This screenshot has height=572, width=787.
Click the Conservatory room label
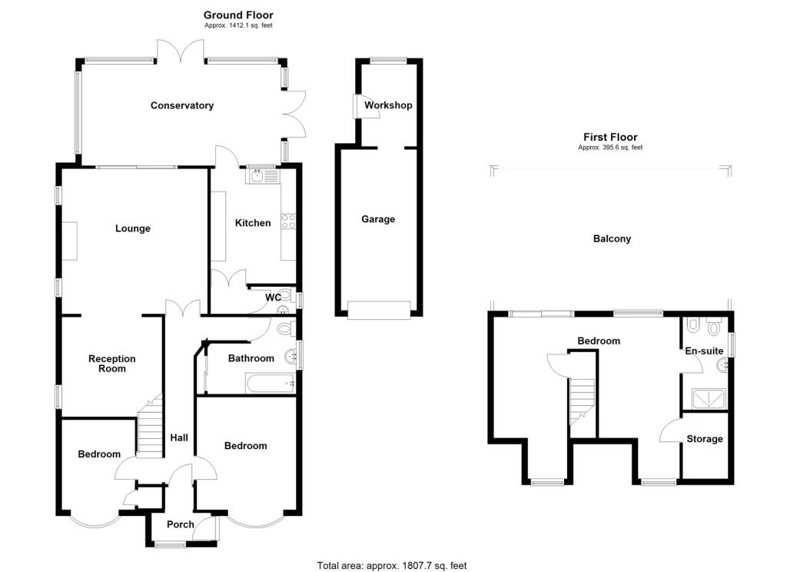tap(182, 105)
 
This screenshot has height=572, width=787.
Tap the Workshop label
tap(388, 105)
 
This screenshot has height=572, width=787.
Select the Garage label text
tap(378, 219)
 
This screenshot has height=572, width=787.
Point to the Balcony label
tap(612, 238)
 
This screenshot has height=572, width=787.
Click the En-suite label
tap(704, 351)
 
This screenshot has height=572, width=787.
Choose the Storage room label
tap(704, 439)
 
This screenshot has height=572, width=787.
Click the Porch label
tap(181, 524)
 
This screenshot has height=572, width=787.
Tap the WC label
tap(273, 298)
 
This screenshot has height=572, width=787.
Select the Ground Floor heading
tap(238, 15)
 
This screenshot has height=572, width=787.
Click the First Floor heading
tap(610, 138)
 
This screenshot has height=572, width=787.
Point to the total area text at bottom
tap(392, 566)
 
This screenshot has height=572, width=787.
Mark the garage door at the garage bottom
tap(379, 310)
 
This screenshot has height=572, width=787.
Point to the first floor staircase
tap(582, 400)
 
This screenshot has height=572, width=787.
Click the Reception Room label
tap(111, 364)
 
